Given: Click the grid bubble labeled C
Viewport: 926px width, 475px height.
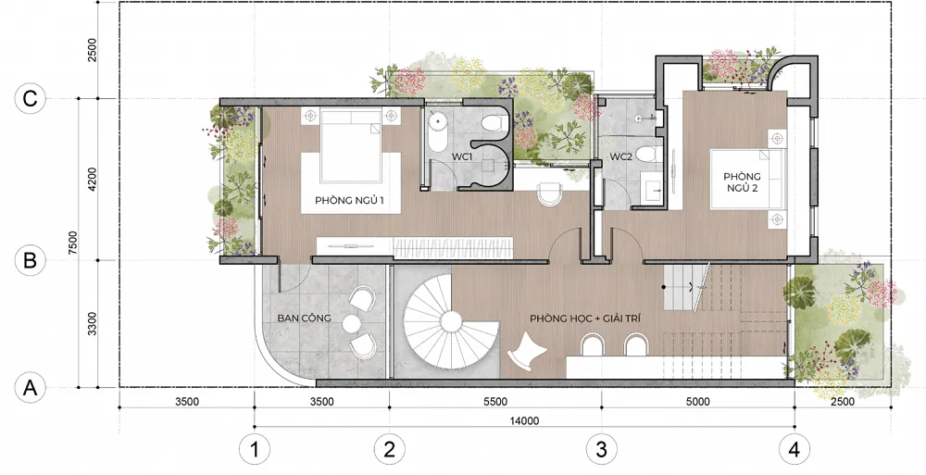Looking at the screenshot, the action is click(30, 99).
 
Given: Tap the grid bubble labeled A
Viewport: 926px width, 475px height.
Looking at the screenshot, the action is click(30, 388).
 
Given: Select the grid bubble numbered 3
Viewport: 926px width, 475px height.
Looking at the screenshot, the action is click(601, 450).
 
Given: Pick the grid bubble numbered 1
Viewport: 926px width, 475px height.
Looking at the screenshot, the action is click(255, 450).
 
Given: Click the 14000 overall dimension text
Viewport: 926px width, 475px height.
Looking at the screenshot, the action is click(524, 420).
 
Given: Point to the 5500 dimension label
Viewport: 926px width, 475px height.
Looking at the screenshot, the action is click(494, 402).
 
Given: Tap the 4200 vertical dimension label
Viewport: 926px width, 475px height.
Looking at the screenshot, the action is click(92, 179).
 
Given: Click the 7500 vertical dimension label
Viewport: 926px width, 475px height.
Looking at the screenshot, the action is click(72, 243).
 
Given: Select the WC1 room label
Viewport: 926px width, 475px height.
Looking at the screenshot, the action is click(461, 156).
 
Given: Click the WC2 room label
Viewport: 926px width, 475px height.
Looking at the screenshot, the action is click(621, 156).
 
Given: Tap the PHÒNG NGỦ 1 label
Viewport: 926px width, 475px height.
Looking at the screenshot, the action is click(350, 200).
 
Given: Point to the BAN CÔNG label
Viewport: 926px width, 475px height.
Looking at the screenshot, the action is click(304, 319).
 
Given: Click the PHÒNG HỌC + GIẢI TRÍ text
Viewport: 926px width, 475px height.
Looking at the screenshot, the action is click(585, 319).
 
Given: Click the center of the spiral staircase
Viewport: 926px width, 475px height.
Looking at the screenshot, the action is click(452, 322).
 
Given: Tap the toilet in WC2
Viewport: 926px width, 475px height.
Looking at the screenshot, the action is click(646, 156).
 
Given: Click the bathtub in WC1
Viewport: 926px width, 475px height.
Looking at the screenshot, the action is click(437, 130).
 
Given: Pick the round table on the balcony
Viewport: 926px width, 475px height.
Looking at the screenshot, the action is click(351, 323).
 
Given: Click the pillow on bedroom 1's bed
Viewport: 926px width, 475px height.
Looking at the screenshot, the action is click(350, 116).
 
